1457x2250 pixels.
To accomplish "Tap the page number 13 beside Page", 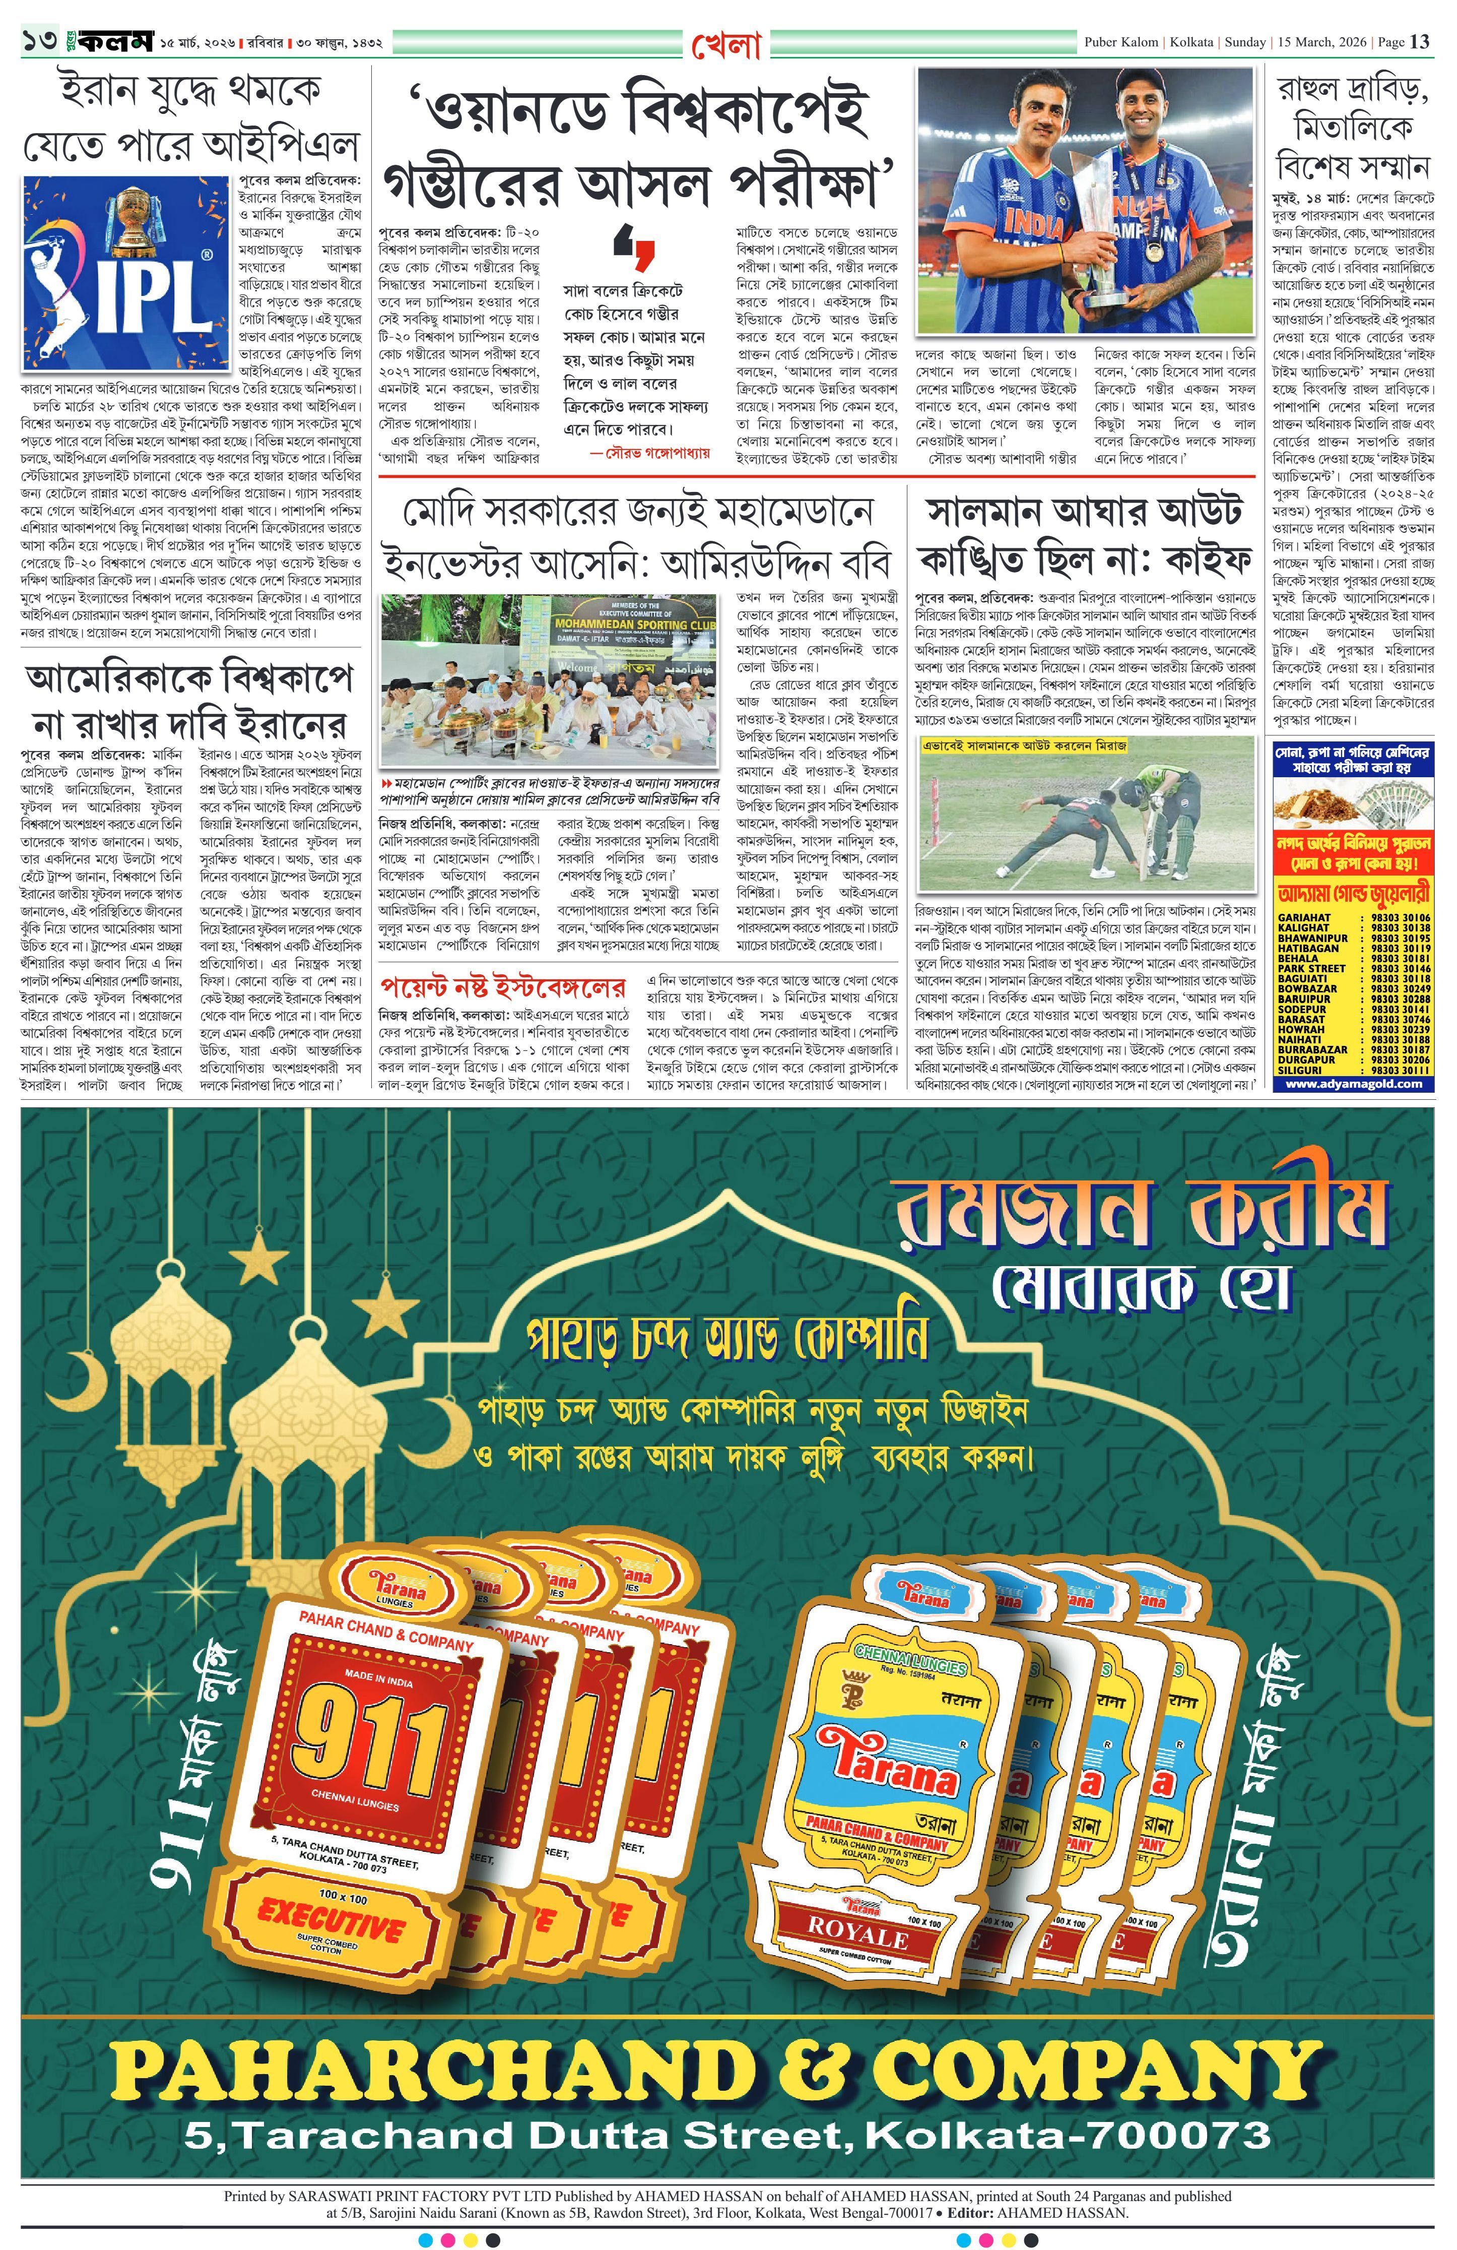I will click(1419, 42).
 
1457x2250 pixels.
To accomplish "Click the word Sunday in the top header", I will click(1243, 42).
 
